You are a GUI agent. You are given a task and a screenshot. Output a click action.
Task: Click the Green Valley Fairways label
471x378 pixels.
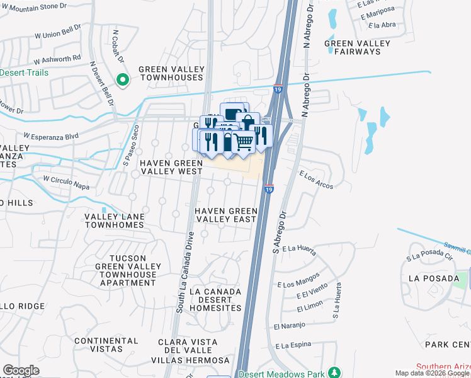click(x=357, y=47)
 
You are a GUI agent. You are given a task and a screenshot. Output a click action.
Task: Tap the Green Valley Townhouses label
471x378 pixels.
click(x=171, y=73)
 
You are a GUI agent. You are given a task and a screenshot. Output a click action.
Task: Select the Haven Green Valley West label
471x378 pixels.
click(x=171, y=167)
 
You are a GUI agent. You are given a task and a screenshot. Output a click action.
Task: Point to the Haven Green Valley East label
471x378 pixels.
click(x=225, y=215)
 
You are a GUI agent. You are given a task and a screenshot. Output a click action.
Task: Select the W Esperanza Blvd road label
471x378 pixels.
click(x=51, y=135)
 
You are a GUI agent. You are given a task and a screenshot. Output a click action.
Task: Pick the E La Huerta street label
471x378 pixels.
click(x=299, y=249)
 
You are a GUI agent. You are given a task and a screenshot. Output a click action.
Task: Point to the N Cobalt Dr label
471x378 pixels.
click(x=117, y=46)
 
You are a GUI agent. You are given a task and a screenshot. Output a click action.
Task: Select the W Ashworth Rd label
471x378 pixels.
click(x=58, y=59)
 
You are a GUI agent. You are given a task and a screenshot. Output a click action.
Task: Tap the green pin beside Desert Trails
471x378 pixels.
click(x=123, y=79)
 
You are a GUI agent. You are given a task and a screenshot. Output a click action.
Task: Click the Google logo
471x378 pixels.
click(x=21, y=371)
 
